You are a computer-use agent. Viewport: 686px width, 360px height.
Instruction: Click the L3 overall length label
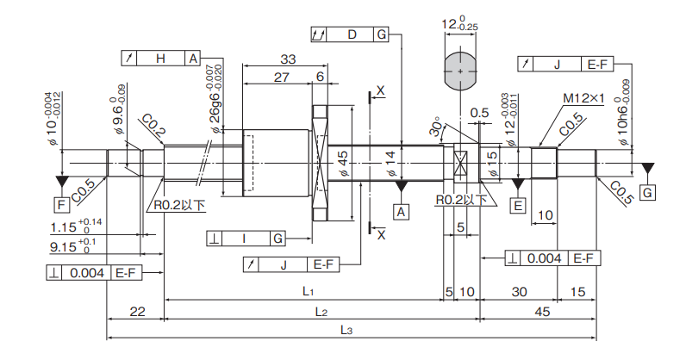tap(346, 330)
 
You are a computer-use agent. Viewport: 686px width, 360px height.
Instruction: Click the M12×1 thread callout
tap(585, 99)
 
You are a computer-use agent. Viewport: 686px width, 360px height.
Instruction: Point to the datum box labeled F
tap(61, 204)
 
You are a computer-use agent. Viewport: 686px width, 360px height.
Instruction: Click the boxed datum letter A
tap(401, 209)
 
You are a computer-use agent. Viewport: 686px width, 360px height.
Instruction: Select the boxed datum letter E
tap(518, 205)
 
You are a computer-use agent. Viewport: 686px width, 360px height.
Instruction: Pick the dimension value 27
tap(281, 77)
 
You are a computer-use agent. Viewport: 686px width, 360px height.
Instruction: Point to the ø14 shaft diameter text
tap(389, 163)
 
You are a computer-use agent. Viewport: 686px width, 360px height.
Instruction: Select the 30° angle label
tap(437, 127)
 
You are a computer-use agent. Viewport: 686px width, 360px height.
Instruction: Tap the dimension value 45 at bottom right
tap(542, 311)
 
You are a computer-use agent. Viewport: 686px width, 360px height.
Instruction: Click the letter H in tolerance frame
tap(160, 58)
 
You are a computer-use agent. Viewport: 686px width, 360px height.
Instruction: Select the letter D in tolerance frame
tap(352, 34)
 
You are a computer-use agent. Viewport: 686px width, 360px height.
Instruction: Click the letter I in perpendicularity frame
tap(244, 238)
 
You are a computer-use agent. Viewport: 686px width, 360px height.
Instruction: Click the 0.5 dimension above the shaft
tap(480, 112)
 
